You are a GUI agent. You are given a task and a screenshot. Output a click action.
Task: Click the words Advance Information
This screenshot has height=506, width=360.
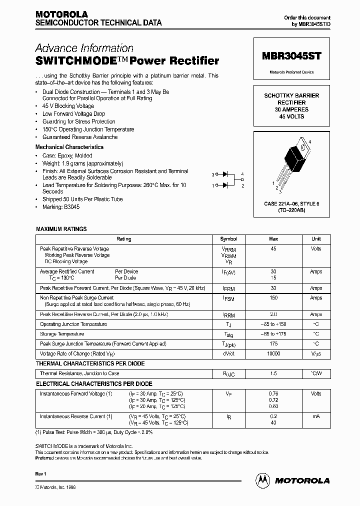click(x=84, y=48)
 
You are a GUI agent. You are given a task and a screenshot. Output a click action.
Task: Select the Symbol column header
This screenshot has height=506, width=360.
click(x=228, y=239)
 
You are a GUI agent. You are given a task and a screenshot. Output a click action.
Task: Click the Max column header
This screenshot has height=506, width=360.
click(x=273, y=239)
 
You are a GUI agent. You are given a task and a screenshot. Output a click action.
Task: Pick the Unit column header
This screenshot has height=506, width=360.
click(x=316, y=239)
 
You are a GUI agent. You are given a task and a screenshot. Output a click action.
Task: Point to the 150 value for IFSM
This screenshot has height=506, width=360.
click(x=273, y=298)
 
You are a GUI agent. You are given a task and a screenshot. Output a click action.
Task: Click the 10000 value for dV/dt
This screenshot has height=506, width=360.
click(x=273, y=353)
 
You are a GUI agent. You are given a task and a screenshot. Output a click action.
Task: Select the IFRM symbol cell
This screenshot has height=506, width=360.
click(x=228, y=289)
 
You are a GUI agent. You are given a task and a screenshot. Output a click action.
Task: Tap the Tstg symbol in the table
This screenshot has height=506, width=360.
click(x=228, y=334)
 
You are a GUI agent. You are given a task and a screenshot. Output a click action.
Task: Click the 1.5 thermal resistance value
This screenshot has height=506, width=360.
click(x=273, y=373)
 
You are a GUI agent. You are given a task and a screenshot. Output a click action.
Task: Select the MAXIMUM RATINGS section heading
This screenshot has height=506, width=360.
click(x=61, y=229)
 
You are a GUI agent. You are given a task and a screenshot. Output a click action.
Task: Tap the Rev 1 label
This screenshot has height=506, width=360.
click(x=41, y=473)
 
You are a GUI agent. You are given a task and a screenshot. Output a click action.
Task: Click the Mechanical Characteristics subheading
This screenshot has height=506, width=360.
click(x=69, y=147)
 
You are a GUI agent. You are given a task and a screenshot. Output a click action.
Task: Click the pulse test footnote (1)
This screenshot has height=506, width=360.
click(x=94, y=432)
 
